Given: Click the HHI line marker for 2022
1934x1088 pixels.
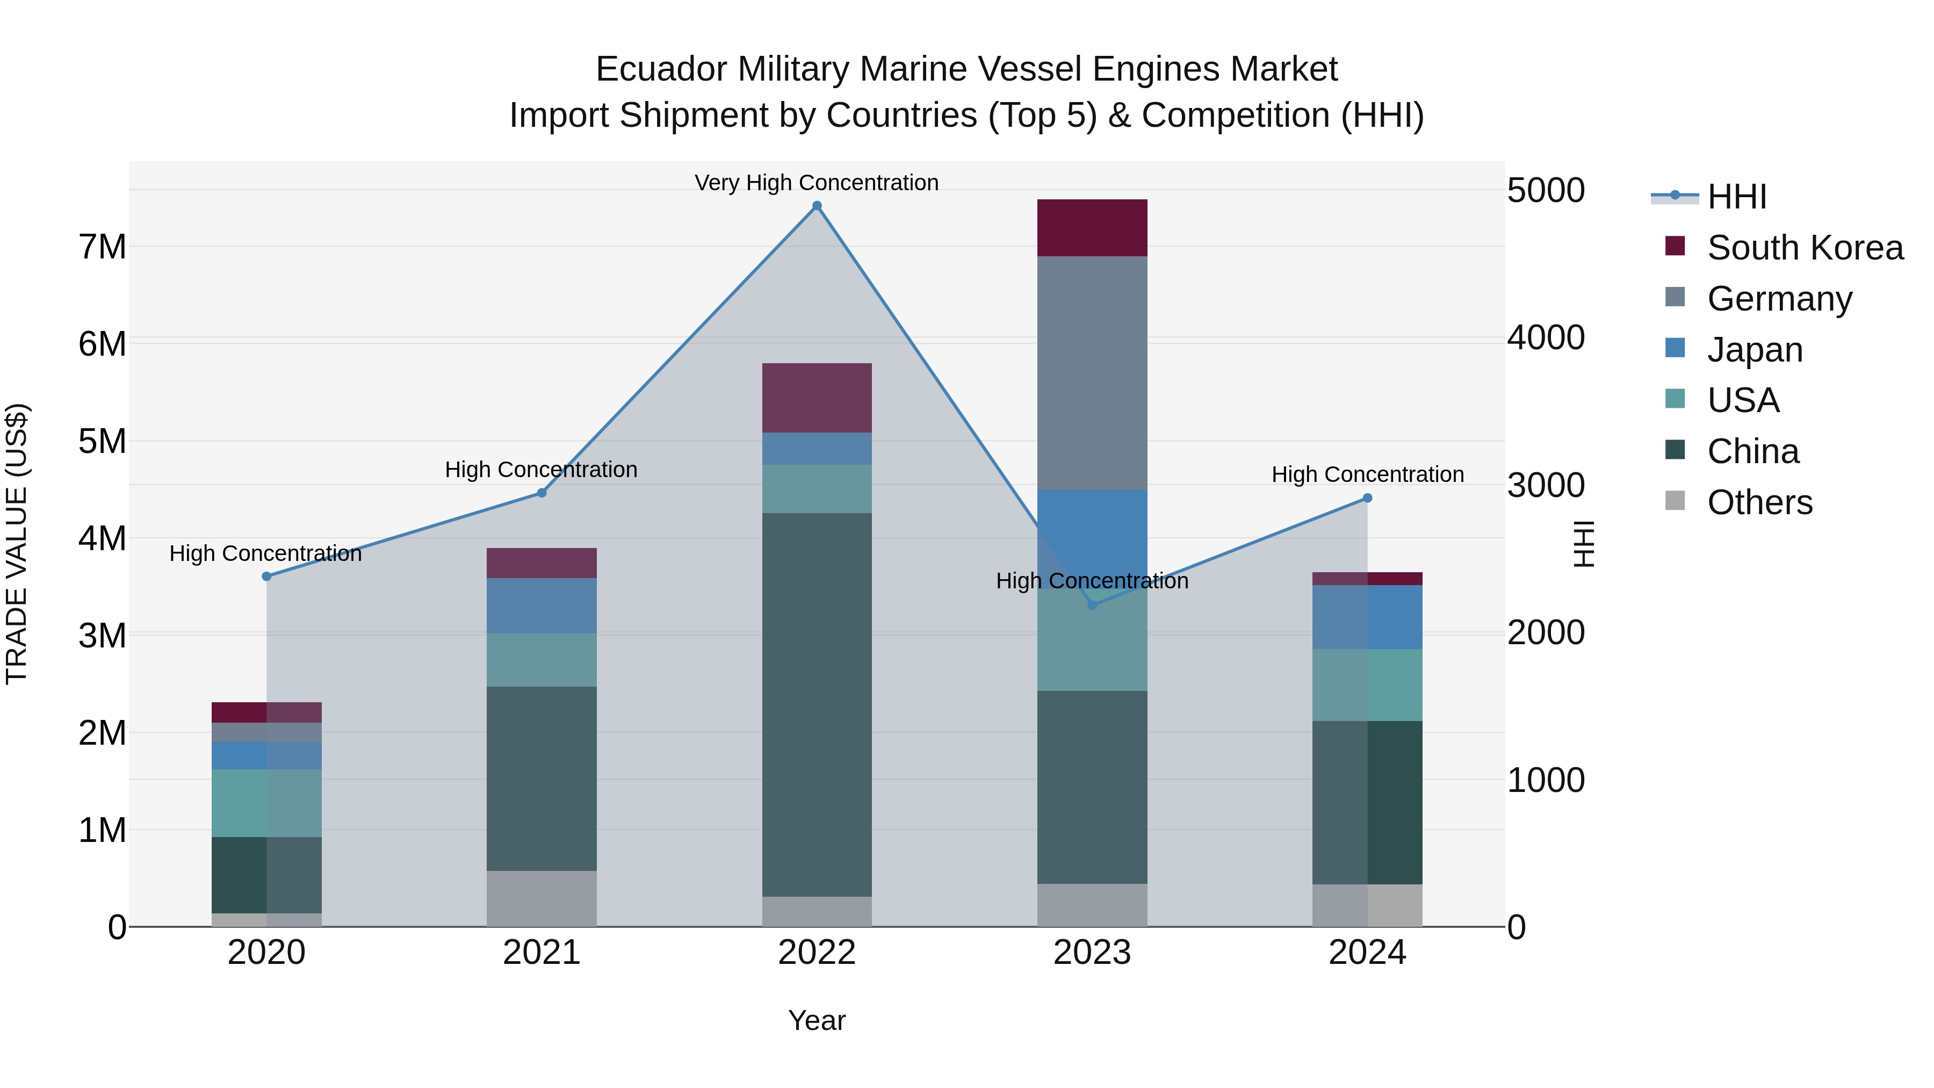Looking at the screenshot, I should click(x=817, y=206).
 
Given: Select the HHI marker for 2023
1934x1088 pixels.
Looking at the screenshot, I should click(x=1092, y=605).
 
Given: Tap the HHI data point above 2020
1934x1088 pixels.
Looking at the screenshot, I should click(x=266, y=576).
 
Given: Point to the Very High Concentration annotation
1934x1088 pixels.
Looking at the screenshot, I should click(x=816, y=183).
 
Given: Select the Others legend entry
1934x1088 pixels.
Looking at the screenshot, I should click(x=1759, y=502).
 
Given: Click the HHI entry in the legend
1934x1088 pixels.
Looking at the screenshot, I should click(x=1736, y=197).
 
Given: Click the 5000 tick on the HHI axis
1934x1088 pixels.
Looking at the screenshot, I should click(x=1546, y=190).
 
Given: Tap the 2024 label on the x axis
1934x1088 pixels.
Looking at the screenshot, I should click(x=1367, y=952).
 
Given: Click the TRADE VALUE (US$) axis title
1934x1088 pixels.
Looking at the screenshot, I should click(x=17, y=544).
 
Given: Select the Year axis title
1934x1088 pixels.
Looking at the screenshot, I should click(x=817, y=1020).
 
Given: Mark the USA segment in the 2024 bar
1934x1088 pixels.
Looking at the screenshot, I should click(x=1367, y=685).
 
